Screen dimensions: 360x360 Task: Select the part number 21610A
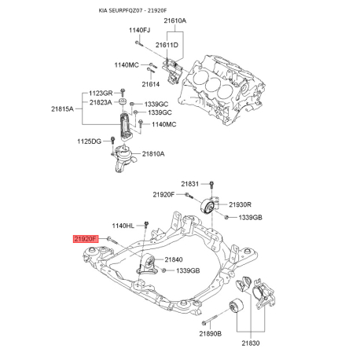pyautogui.click(x=175, y=20)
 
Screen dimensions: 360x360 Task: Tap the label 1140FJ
pyautogui.click(x=139, y=30)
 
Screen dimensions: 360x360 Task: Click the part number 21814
pyautogui.click(x=151, y=84)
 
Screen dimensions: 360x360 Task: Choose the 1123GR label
pyautogui.click(x=101, y=94)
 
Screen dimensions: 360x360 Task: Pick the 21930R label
pyautogui.click(x=239, y=204)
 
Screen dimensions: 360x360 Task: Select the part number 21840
pyautogui.click(x=173, y=259)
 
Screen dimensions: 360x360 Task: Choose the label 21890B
pyautogui.click(x=211, y=334)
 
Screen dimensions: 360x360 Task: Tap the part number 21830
pyautogui.click(x=251, y=343)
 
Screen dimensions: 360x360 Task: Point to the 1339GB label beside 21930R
pyautogui.click(x=250, y=216)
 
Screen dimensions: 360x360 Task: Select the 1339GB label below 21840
pyautogui.click(x=189, y=271)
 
